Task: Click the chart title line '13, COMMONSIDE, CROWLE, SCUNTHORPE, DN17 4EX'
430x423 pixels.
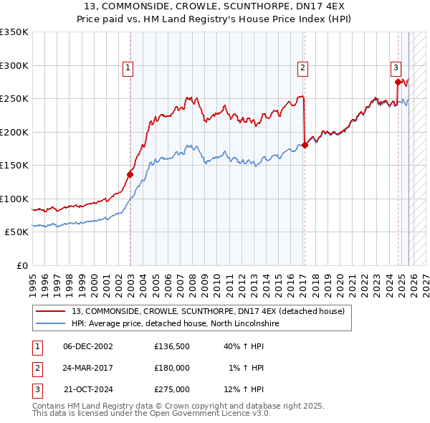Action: click(x=214, y=5)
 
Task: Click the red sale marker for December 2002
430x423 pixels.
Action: click(x=130, y=174)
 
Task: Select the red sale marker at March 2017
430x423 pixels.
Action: click(x=305, y=145)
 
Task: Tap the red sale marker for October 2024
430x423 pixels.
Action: click(x=398, y=82)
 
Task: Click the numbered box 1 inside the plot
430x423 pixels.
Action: click(x=128, y=68)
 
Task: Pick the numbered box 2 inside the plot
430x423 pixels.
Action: click(x=302, y=68)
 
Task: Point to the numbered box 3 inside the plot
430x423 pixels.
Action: click(x=395, y=68)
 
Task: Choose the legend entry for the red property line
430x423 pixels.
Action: click(x=208, y=311)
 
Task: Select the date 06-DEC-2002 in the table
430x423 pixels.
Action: click(x=88, y=346)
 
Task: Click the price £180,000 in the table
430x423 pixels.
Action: click(x=172, y=368)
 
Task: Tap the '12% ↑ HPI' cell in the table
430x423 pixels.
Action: click(x=244, y=389)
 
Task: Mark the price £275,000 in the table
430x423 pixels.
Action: click(x=172, y=389)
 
